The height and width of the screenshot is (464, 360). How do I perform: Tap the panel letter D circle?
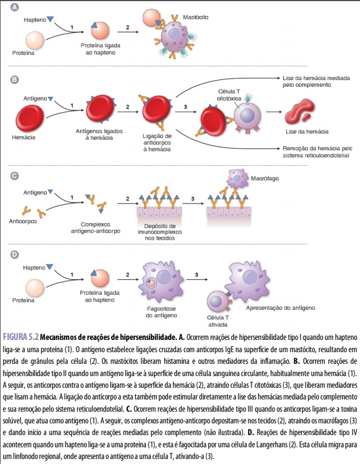15,255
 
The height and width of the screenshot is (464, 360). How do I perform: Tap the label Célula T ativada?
219,320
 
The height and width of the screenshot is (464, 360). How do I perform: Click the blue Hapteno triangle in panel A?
51,20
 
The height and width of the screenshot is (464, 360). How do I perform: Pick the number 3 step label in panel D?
196,274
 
